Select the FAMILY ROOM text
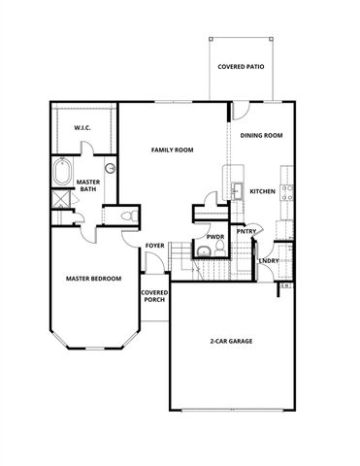click(172, 150)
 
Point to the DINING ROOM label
click(261, 135)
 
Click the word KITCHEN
click(263, 191)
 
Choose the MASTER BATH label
click(89, 185)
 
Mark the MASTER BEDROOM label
click(93, 279)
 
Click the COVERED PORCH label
click(154, 295)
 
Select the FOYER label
click(154, 246)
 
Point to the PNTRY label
click(245, 231)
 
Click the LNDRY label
click(269, 259)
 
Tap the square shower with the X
click(61, 200)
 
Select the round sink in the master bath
click(110, 168)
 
